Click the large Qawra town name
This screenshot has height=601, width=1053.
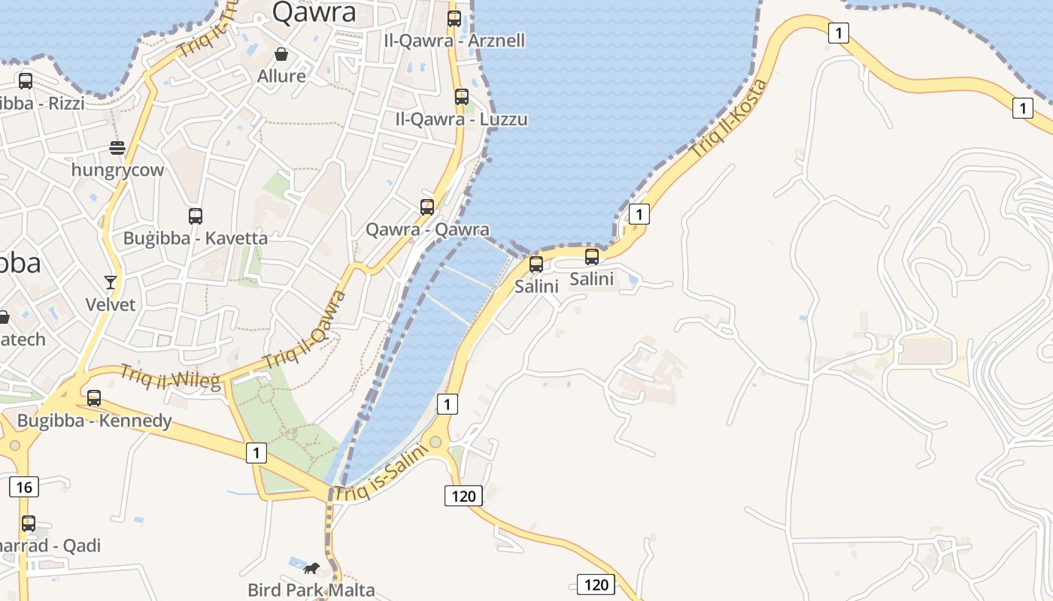pos(314,13)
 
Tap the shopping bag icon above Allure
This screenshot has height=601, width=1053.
pos(281,54)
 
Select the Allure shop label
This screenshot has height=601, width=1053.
pos(281,76)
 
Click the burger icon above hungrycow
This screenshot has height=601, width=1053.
pos(117,147)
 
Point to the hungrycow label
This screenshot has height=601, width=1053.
pos(117,170)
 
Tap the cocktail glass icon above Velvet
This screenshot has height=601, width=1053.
pos(111,282)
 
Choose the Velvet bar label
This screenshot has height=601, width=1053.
pos(111,304)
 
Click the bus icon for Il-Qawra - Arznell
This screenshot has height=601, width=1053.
pos(454,19)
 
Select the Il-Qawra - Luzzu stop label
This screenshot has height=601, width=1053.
pos(461,119)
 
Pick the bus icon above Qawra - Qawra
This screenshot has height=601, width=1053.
pos(427,207)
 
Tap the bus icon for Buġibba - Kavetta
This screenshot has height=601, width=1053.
pos(196,216)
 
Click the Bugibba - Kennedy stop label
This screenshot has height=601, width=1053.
pos(95,421)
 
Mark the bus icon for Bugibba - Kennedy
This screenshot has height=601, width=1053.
pos(94,398)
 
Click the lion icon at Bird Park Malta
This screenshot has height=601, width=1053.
pos(311,568)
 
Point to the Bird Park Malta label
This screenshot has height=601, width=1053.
pos(311,590)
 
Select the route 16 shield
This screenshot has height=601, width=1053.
pos(24,488)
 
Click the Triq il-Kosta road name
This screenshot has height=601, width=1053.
pos(729,118)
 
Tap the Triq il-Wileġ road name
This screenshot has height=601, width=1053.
pos(171,378)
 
